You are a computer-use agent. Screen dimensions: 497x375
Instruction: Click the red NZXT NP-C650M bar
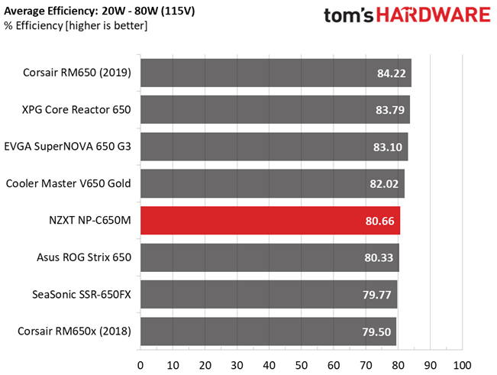pyautogui.click(x=270, y=220)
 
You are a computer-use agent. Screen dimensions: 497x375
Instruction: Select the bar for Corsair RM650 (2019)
pyautogui.click(x=276, y=73)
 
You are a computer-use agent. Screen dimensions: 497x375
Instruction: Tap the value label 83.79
pyautogui.click(x=390, y=110)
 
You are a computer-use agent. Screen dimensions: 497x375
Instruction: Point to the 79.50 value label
pyautogui.click(x=376, y=332)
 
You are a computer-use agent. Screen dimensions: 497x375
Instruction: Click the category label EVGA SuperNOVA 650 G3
pyautogui.click(x=67, y=147)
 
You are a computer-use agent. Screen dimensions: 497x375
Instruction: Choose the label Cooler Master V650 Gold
pyautogui.click(x=69, y=183)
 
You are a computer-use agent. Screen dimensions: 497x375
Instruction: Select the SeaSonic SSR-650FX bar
pyautogui.click(x=269, y=294)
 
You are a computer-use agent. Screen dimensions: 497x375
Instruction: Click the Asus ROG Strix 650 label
pyautogui.click(x=84, y=257)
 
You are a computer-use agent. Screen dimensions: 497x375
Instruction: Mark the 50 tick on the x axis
pyautogui.click(x=301, y=366)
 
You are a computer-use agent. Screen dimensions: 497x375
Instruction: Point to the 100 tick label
pyautogui.click(x=462, y=366)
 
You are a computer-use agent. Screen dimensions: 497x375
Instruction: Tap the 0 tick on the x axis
pyautogui.click(x=140, y=366)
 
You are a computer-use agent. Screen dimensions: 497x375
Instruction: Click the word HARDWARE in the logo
pyautogui.click(x=434, y=15)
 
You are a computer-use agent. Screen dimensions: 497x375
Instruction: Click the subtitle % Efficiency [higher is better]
pyautogui.click(x=76, y=26)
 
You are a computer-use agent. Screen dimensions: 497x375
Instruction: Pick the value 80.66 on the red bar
pyautogui.click(x=379, y=221)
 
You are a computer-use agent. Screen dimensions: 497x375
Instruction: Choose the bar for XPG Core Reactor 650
pyautogui.click(x=275, y=110)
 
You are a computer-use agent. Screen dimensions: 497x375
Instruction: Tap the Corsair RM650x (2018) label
pyautogui.click(x=75, y=331)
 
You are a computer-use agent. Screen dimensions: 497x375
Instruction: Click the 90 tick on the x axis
pyautogui.click(x=430, y=366)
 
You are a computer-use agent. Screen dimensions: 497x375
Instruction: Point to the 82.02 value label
pyautogui.click(x=384, y=184)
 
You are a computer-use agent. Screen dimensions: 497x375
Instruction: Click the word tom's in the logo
pyautogui.click(x=349, y=15)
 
